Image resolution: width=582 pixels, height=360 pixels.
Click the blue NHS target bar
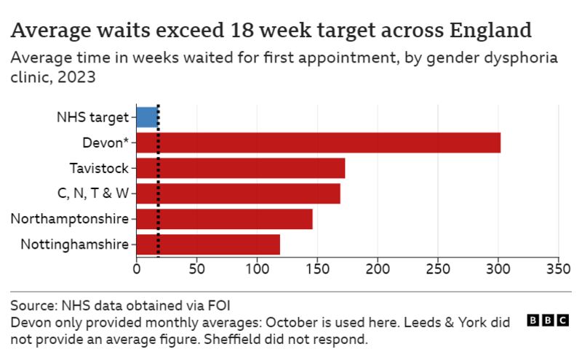pyautogui.click(x=147, y=116)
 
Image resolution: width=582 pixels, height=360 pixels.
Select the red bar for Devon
pyautogui.click(x=318, y=143)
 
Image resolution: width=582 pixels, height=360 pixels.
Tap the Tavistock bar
pyautogui.click(x=240, y=168)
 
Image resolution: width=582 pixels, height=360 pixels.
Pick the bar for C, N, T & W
pyautogui.click(x=238, y=193)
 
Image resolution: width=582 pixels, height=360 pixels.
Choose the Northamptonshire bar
pyautogui.click(x=224, y=219)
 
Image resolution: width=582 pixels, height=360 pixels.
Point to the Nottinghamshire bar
pyautogui.click(x=208, y=244)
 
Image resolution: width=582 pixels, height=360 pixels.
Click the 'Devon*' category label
pyautogui.click(x=105, y=143)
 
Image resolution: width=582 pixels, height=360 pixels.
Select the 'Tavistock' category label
pyautogui.click(x=99, y=168)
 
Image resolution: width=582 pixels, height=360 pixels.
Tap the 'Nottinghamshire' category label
pyautogui.click(x=75, y=244)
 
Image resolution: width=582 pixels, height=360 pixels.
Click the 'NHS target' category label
pyautogui.click(x=92, y=116)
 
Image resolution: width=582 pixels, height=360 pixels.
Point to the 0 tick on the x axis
pyautogui.click(x=137, y=268)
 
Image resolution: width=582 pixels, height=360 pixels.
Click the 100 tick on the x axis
pyautogui.click(x=257, y=268)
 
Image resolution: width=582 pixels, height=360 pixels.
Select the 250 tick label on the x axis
pyautogui.click(x=437, y=268)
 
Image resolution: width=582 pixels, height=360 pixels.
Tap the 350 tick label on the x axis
pyautogui.click(x=558, y=268)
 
